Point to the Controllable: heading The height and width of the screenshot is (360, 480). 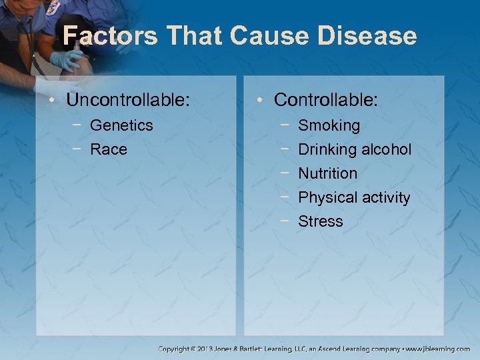click(326, 101)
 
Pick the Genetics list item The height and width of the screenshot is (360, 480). click(121, 125)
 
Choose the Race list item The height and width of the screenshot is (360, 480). click(108, 149)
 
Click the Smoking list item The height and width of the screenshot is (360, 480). click(329, 125)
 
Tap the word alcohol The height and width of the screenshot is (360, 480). click(386, 149)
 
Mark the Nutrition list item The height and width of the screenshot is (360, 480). click(327, 173)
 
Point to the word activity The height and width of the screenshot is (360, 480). click(384, 197)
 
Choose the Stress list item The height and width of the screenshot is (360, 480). click(320, 221)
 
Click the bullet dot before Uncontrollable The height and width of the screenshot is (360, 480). click(52, 101)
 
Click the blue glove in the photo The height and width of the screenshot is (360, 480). click(67, 60)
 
